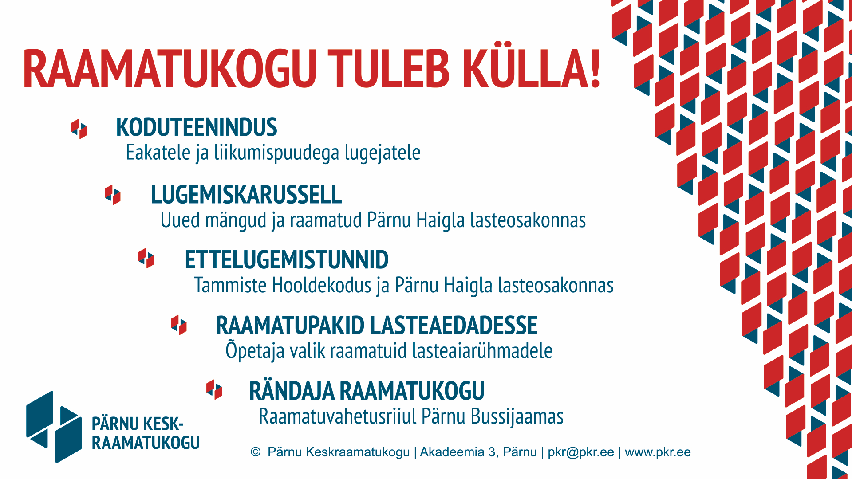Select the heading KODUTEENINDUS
point(197,127)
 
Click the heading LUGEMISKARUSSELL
point(246,195)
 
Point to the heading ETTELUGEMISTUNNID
point(287,260)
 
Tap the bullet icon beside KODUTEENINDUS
point(79,129)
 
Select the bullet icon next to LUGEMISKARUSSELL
point(113,195)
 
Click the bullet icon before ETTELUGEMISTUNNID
point(146,258)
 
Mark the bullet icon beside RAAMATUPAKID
point(179,325)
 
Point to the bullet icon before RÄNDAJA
point(214,390)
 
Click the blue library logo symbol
point(54,427)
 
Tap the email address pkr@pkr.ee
point(581,452)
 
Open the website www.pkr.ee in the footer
point(658,452)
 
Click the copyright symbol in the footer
point(256,452)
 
